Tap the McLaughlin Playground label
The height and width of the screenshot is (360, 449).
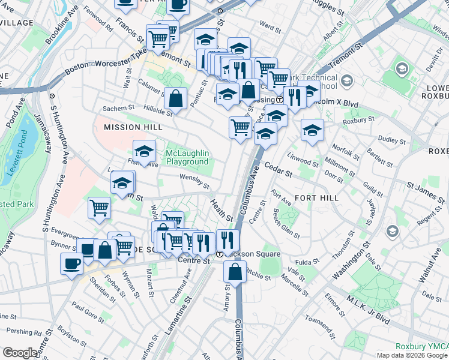point(187,157)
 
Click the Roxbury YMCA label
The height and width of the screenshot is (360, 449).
point(421,347)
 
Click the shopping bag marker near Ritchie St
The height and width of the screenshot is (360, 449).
point(235,271)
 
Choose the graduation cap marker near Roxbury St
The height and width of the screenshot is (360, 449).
point(312,130)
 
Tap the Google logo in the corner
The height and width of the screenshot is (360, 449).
point(20,353)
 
